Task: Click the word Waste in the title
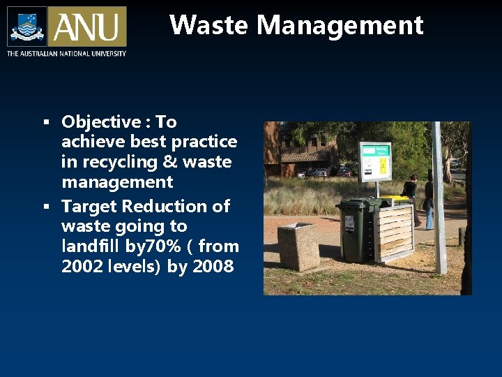pyautogui.click(x=209, y=25)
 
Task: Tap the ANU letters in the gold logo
pyautogui.click(x=87, y=27)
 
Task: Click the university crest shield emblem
pyautogui.click(x=27, y=27)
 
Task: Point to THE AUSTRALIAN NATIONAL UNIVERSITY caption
pyautogui.click(x=66, y=54)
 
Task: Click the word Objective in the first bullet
pyautogui.click(x=101, y=122)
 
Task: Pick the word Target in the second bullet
pyautogui.click(x=89, y=207)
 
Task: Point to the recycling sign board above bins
pyautogui.click(x=375, y=160)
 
